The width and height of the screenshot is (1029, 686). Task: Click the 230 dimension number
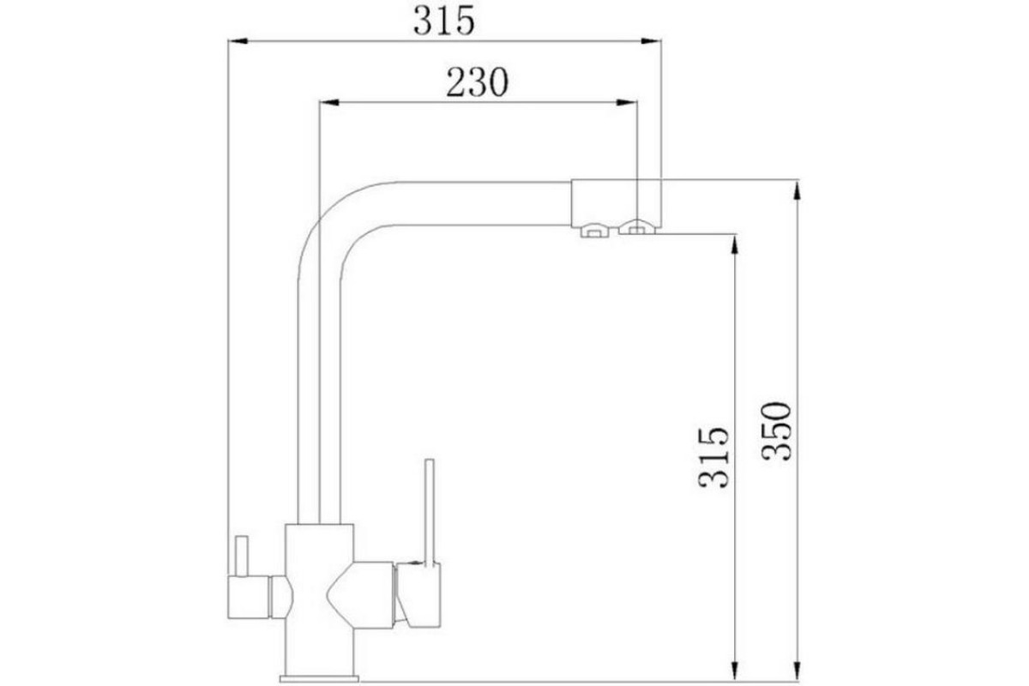(478, 82)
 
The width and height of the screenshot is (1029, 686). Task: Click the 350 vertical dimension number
(776, 431)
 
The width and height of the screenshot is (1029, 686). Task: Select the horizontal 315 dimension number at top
(444, 21)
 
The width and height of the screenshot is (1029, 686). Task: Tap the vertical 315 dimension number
(713, 458)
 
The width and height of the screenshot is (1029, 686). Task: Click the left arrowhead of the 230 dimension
(329, 102)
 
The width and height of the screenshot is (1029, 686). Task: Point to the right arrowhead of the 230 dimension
(627, 102)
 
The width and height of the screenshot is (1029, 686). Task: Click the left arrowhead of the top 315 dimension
(238, 41)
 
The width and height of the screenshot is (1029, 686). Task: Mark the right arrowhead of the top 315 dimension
(651, 41)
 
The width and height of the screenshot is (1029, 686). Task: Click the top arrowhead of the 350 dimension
(797, 190)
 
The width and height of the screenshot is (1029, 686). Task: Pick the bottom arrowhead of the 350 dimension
(797, 671)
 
